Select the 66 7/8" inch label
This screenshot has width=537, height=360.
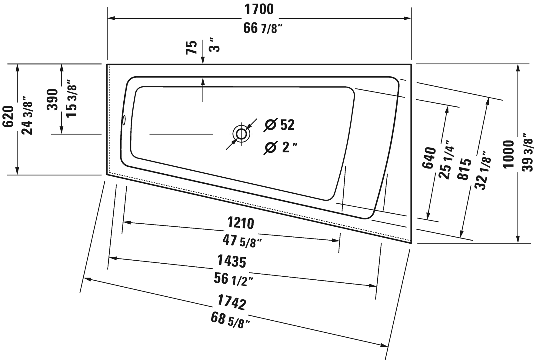click(x=263, y=29)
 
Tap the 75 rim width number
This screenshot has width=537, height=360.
click(x=192, y=48)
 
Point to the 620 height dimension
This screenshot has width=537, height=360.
click(x=8, y=116)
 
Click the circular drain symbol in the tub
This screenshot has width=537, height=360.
click(x=241, y=133)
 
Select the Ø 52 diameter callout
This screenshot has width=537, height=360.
click(x=279, y=125)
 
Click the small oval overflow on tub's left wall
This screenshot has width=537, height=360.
click(x=124, y=120)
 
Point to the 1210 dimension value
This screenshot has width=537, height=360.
click(x=241, y=223)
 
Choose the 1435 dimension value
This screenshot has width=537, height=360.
click(x=232, y=261)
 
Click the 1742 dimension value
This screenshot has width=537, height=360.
click(x=232, y=302)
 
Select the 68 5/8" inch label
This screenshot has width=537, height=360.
click(x=231, y=321)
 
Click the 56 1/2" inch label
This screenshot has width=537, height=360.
click(x=233, y=279)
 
